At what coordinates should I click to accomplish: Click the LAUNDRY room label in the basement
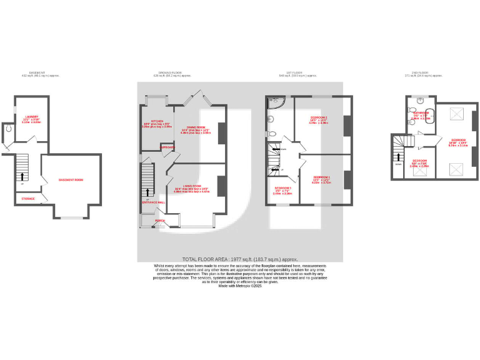click(31, 117)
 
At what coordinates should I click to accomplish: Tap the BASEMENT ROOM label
click(71, 180)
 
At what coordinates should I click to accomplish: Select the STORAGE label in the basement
click(28, 199)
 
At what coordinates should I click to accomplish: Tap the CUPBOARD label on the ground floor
click(168, 147)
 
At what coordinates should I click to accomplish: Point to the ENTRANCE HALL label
click(153, 202)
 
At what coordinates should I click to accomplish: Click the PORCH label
click(160, 221)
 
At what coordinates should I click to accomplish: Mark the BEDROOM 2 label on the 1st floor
click(319, 117)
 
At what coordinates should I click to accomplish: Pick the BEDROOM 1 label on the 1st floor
click(321, 177)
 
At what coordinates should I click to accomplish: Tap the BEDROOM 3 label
click(282, 188)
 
